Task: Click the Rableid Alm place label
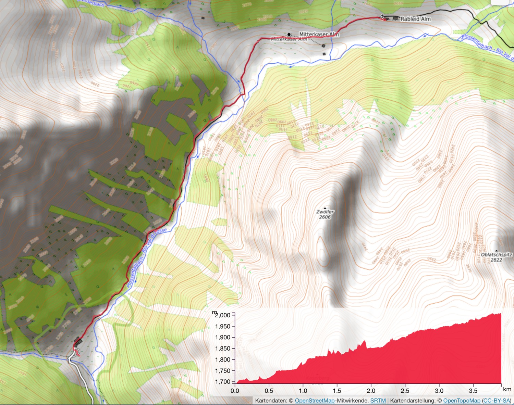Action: (415, 19)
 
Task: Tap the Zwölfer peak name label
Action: (325, 212)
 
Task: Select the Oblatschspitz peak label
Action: (496, 255)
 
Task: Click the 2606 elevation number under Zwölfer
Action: (325, 217)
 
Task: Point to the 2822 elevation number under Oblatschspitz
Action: (496, 260)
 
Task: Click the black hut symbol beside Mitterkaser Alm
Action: (289, 34)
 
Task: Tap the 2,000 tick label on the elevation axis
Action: (223, 315)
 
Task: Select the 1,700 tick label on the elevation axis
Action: (223, 382)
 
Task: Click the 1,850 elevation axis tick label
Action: (223, 349)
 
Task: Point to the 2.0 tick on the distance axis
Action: (371, 391)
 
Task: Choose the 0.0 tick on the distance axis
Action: (235, 391)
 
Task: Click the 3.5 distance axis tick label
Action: (473, 391)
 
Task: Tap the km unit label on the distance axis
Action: (507, 389)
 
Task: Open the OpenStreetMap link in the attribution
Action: (315, 401)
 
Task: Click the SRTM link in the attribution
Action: (378, 401)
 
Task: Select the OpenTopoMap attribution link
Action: (462, 401)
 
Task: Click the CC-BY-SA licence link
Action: (497, 401)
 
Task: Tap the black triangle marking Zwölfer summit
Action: (325, 208)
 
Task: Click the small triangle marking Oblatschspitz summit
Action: (496, 251)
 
